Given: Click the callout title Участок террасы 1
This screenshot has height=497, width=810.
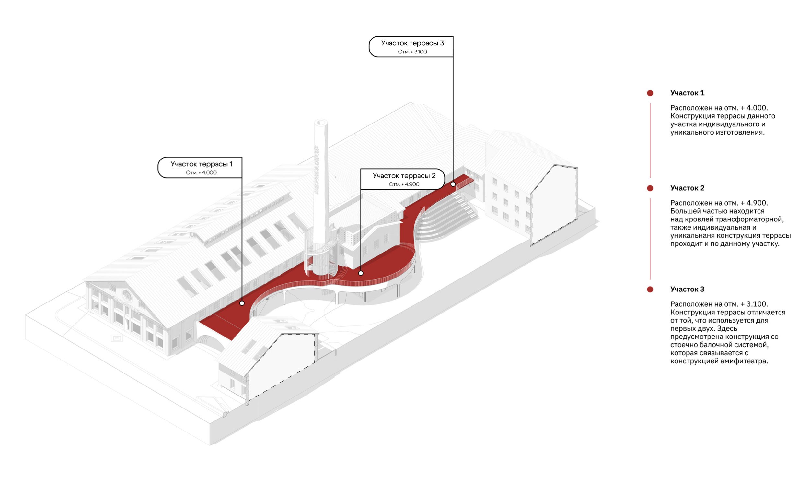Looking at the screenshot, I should [201, 164].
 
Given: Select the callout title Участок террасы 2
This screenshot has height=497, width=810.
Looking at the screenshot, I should [404, 176].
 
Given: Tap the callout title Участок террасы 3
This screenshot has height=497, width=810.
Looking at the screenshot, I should [412, 43].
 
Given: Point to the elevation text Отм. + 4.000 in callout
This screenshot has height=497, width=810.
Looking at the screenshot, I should [201, 173].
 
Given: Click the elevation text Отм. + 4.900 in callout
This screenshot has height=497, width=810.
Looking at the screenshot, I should [404, 184].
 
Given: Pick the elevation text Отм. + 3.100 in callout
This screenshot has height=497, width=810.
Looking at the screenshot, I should [412, 52].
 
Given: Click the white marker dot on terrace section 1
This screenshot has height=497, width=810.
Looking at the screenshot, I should [242, 303].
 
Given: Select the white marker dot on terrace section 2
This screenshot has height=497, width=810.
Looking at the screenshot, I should [361, 273].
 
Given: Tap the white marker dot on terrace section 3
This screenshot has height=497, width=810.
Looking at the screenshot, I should [453, 184].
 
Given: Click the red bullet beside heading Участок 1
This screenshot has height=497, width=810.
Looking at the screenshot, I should [650, 93].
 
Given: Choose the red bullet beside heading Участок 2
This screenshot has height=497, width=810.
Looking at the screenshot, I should [650, 188].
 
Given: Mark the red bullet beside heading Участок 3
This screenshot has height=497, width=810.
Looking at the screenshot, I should [650, 290].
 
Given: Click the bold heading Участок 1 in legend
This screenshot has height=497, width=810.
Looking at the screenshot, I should [687, 93].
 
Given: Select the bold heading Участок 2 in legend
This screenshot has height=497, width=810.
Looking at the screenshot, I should [687, 188].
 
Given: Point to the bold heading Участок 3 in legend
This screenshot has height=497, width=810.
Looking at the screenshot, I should [687, 290].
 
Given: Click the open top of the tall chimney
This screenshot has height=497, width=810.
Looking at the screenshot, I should [321, 122].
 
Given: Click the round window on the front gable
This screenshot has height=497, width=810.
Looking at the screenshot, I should [127, 295].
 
